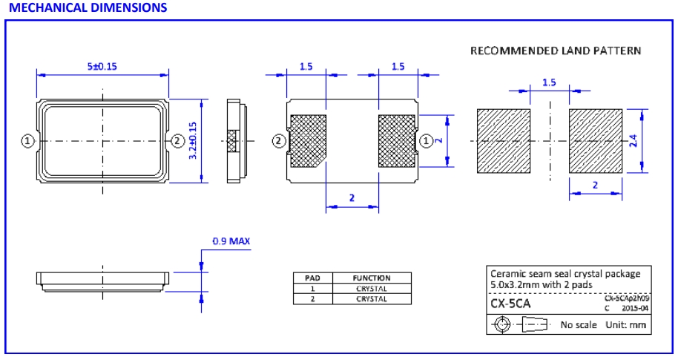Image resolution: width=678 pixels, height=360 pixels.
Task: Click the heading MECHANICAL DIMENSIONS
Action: coord(88,8)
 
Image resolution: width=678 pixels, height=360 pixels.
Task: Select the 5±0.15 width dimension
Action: coord(102,66)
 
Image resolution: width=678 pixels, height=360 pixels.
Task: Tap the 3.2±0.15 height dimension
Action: coord(194,140)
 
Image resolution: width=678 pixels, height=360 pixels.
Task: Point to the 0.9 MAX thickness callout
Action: coord(231,241)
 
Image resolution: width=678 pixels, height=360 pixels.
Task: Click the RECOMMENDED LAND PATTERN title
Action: coord(556,51)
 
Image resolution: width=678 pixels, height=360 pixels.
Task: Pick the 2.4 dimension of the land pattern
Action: coord(633,141)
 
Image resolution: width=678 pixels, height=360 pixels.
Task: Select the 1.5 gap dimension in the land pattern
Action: coord(549,82)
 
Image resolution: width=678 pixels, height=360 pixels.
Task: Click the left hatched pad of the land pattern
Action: coord(503,141)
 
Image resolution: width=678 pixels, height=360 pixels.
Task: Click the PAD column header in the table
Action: coord(312,278)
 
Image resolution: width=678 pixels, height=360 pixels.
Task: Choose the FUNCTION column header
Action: coord(371,278)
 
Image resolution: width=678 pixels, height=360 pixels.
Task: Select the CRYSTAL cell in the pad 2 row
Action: coord(371,299)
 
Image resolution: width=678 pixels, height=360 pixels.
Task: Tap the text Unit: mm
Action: coord(625,324)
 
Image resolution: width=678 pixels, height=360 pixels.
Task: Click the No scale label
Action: coord(579,324)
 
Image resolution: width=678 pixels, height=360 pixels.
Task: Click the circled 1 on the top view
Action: coord(27,141)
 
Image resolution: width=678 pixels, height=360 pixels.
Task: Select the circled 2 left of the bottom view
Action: coord(279,141)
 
